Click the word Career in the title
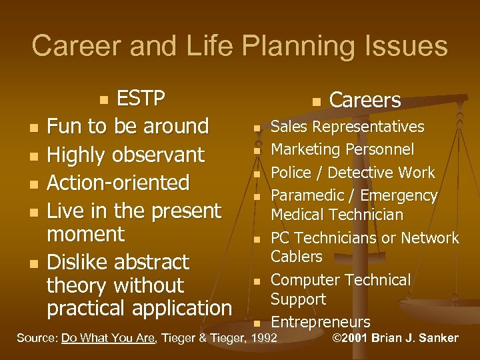point(73,46)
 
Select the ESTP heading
point(141,99)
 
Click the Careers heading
point(365,100)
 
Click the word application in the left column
point(182,309)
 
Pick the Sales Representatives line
point(347,127)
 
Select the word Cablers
point(296,257)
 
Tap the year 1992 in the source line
point(263,338)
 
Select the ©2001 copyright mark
point(354,338)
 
